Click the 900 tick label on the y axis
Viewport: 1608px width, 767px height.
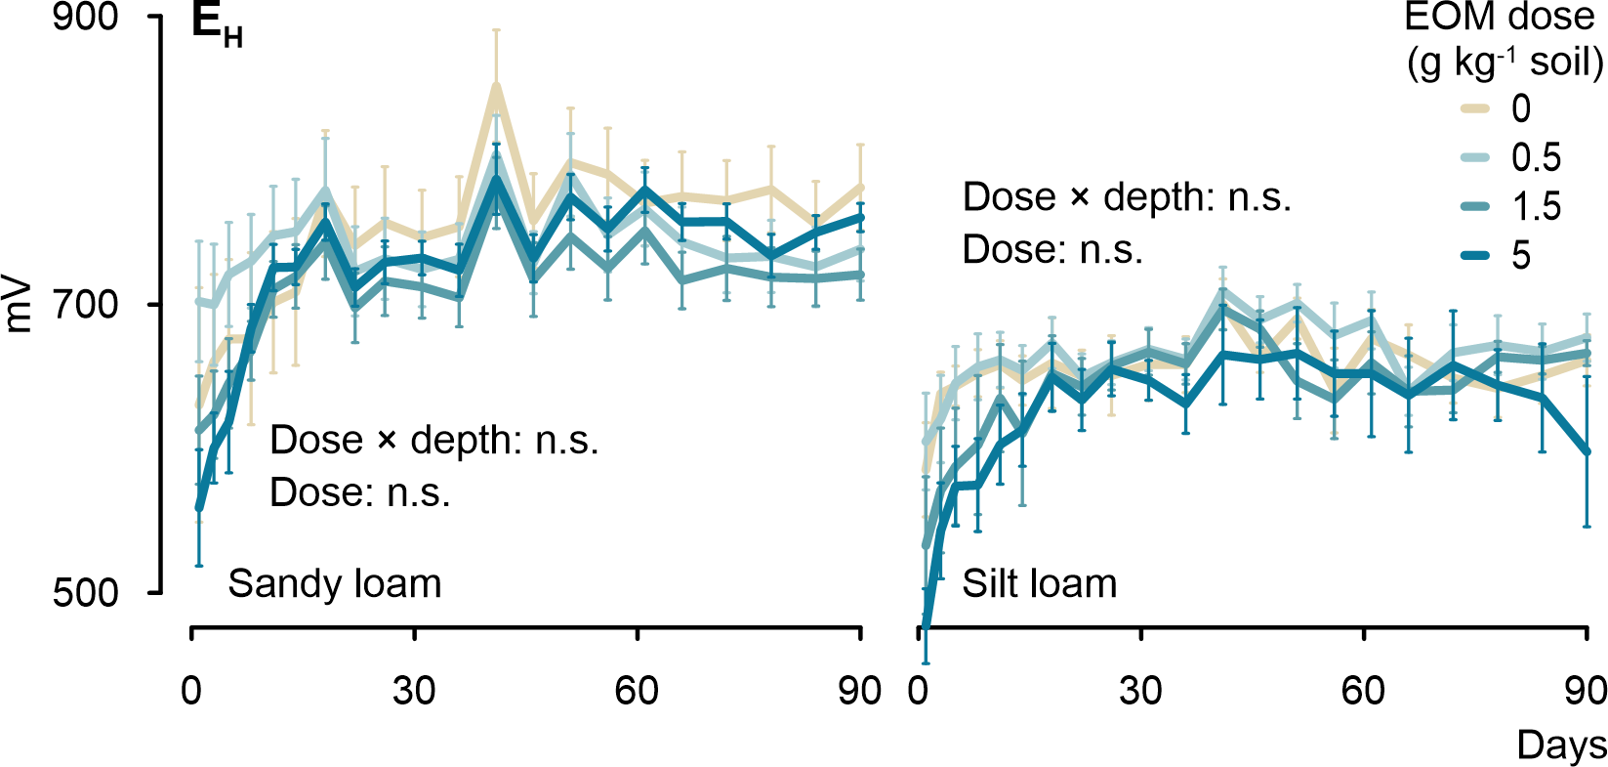(85, 18)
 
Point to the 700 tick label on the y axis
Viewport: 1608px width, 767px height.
(85, 305)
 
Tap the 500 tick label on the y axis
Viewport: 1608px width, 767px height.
(85, 592)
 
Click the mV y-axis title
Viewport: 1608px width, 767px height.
(20, 306)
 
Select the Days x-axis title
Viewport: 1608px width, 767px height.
(1561, 746)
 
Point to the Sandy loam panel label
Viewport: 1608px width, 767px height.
(335, 584)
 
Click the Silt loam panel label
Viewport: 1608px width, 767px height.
(1040, 584)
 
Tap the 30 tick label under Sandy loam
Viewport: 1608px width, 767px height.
(414, 691)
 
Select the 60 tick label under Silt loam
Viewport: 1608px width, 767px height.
(1363, 691)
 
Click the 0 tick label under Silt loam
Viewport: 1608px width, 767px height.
(918, 691)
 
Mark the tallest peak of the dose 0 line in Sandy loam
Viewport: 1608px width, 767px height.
(496, 85)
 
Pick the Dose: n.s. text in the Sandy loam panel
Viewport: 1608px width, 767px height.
(360, 492)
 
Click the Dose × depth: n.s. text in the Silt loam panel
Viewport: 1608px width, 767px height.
(1127, 197)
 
